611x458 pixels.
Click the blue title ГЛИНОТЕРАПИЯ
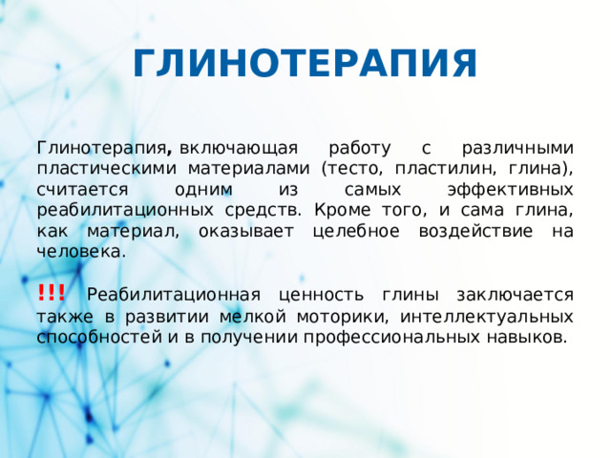point(305,65)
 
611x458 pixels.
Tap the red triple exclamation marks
point(52,293)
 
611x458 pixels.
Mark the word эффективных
point(512,190)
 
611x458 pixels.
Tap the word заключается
point(513,295)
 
